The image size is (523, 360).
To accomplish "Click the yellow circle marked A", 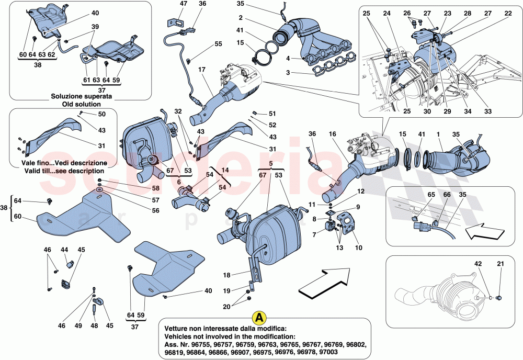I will pos(258,318).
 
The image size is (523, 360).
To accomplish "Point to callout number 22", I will pos(508,14).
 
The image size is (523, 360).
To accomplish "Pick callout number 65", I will pos(416,194).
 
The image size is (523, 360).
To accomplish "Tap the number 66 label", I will pos(432,194).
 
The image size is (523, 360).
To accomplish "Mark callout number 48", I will pos(95,325).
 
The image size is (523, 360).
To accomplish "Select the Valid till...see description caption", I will pos(63,171).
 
